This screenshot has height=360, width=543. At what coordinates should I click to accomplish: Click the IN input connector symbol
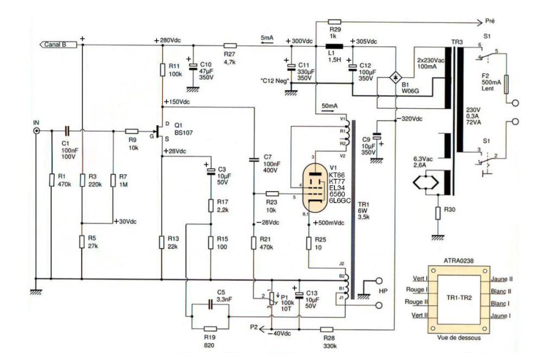click(x=36, y=131)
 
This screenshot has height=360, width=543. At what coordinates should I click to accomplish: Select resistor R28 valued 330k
click(x=326, y=329)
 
